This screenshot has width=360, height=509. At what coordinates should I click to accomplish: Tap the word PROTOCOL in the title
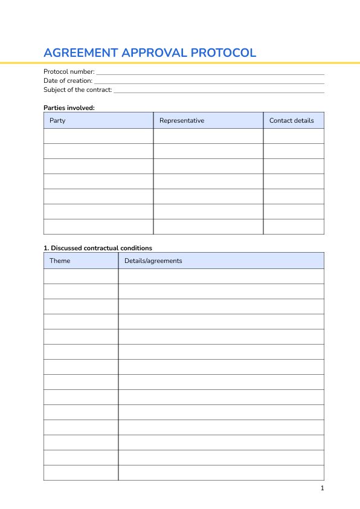tap(223, 53)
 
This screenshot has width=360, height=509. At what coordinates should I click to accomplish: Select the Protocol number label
tap(69, 72)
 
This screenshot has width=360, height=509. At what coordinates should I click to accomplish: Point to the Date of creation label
tap(68, 81)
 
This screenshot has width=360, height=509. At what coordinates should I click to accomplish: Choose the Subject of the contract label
tap(77, 90)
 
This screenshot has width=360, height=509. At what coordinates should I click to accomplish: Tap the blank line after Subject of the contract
tap(219, 91)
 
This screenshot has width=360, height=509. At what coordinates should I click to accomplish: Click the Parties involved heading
tap(69, 108)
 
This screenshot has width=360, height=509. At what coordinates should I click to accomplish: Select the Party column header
tap(57, 120)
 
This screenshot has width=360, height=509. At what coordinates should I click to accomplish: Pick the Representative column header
tap(181, 120)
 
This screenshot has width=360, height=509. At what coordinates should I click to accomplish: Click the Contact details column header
tap(291, 120)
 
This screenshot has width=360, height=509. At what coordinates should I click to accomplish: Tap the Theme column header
tap(60, 261)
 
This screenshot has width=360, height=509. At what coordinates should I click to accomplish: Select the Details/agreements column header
tap(153, 261)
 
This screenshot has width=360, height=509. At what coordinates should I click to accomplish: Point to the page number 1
tap(323, 488)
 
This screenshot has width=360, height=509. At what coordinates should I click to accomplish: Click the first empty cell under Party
tap(98, 136)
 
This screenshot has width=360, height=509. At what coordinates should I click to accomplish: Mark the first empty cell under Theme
tap(81, 276)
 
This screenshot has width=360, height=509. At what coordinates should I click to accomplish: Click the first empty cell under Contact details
tap(294, 136)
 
